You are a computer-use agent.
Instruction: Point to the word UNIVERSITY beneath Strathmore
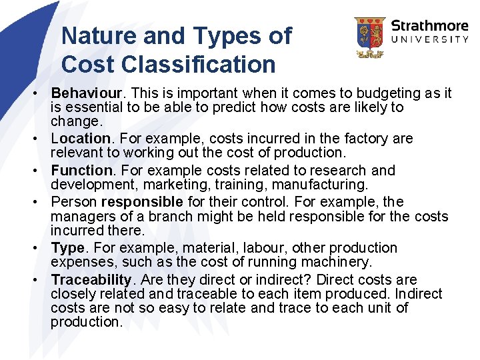click(429, 40)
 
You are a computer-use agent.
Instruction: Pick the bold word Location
click(81, 139)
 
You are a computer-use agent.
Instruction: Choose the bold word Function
click(81, 171)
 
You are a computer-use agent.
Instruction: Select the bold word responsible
click(142, 202)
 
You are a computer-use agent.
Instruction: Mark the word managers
click(81, 216)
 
